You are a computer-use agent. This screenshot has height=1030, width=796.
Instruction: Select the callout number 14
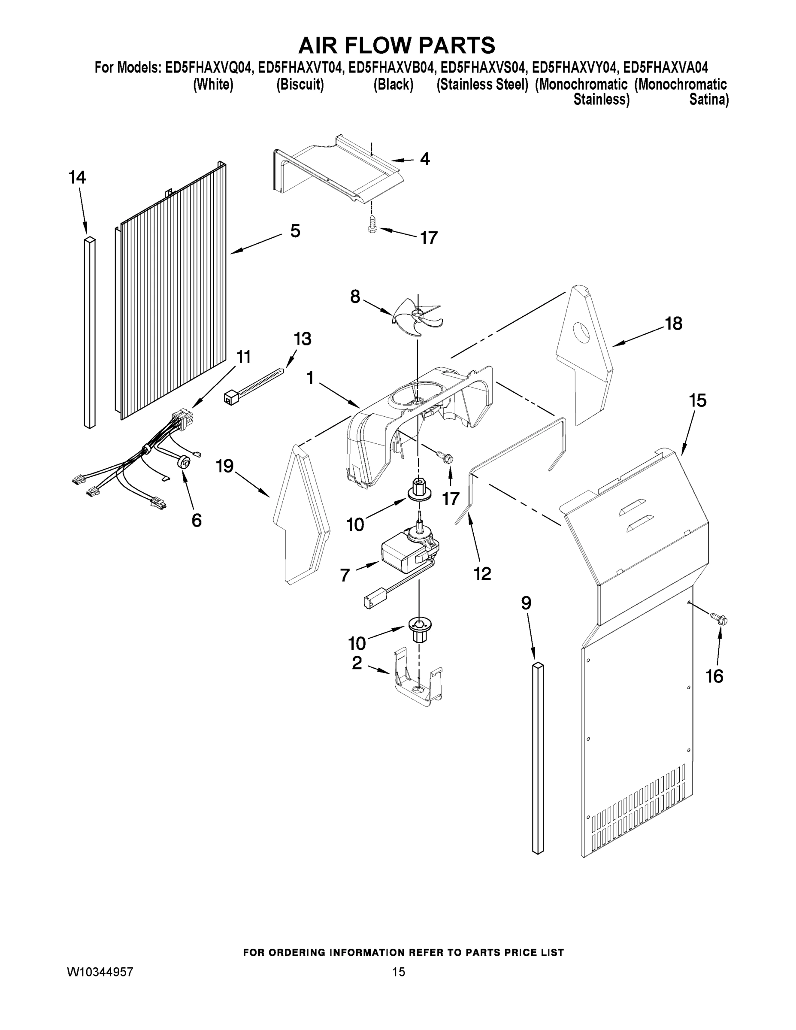coord(77,178)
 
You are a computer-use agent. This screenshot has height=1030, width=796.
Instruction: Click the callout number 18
coord(673,324)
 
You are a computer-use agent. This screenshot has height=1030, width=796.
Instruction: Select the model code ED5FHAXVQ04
coord(209,68)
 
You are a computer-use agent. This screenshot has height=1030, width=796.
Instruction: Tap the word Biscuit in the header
coord(300,85)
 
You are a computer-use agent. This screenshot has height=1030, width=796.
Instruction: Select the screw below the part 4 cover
coord(372,224)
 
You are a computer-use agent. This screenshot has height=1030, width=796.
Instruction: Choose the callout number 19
coord(225,467)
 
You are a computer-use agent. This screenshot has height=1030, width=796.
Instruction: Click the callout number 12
coord(482,573)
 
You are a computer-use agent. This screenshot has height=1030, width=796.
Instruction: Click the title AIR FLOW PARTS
coord(397,45)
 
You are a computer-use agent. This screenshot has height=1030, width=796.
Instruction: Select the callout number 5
coord(295,231)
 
